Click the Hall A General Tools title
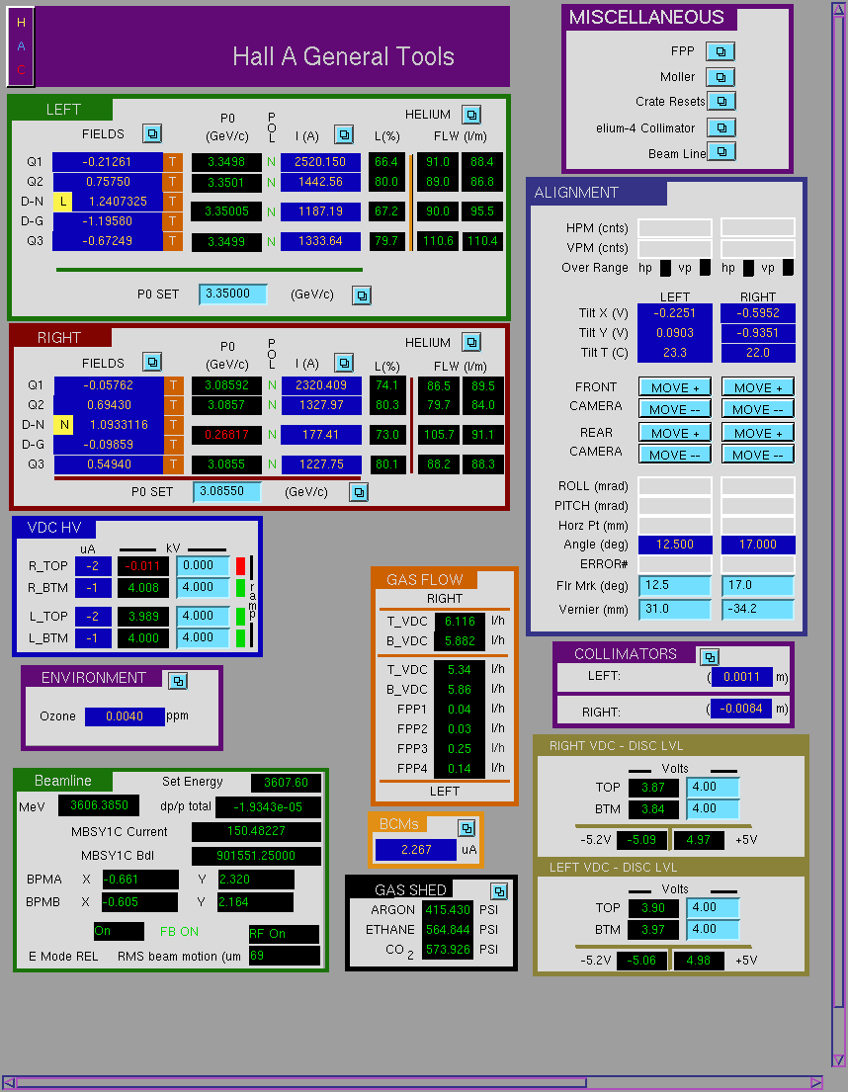click(343, 56)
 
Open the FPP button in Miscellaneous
click(721, 51)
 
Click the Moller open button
click(721, 77)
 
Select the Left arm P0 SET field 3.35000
click(232, 294)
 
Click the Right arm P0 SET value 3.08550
click(227, 492)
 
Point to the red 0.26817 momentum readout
click(226, 435)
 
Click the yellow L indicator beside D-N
click(62, 202)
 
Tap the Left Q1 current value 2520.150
click(320, 161)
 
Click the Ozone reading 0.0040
click(125, 716)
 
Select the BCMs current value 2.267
click(416, 850)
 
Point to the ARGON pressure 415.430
click(448, 909)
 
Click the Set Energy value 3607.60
click(286, 783)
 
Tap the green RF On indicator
click(284, 934)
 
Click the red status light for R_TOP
click(240, 565)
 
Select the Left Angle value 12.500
click(675, 545)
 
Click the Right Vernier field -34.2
click(757, 609)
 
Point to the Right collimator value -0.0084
click(741, 709)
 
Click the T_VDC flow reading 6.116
click(460, 622)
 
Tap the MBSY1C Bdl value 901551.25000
click(256, 856)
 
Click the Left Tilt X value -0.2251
click(675, 313)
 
